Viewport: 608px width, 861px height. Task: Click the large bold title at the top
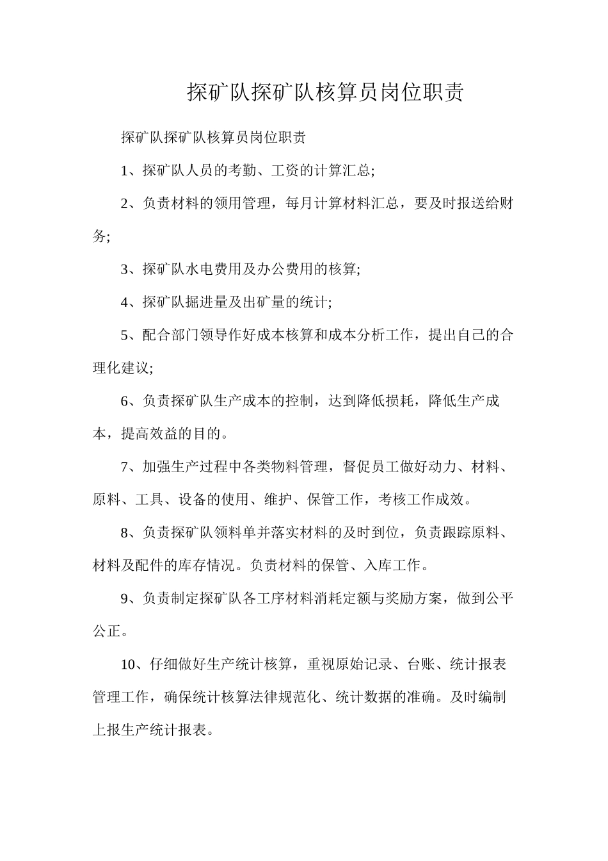(x=324, y=92)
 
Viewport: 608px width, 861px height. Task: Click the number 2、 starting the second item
(x=131, y=204)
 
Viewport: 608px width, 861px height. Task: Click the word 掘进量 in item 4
(x=207, y=302)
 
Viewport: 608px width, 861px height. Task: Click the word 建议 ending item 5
(x=135, y=368)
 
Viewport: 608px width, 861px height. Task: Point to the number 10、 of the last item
(x=134, y=664)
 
